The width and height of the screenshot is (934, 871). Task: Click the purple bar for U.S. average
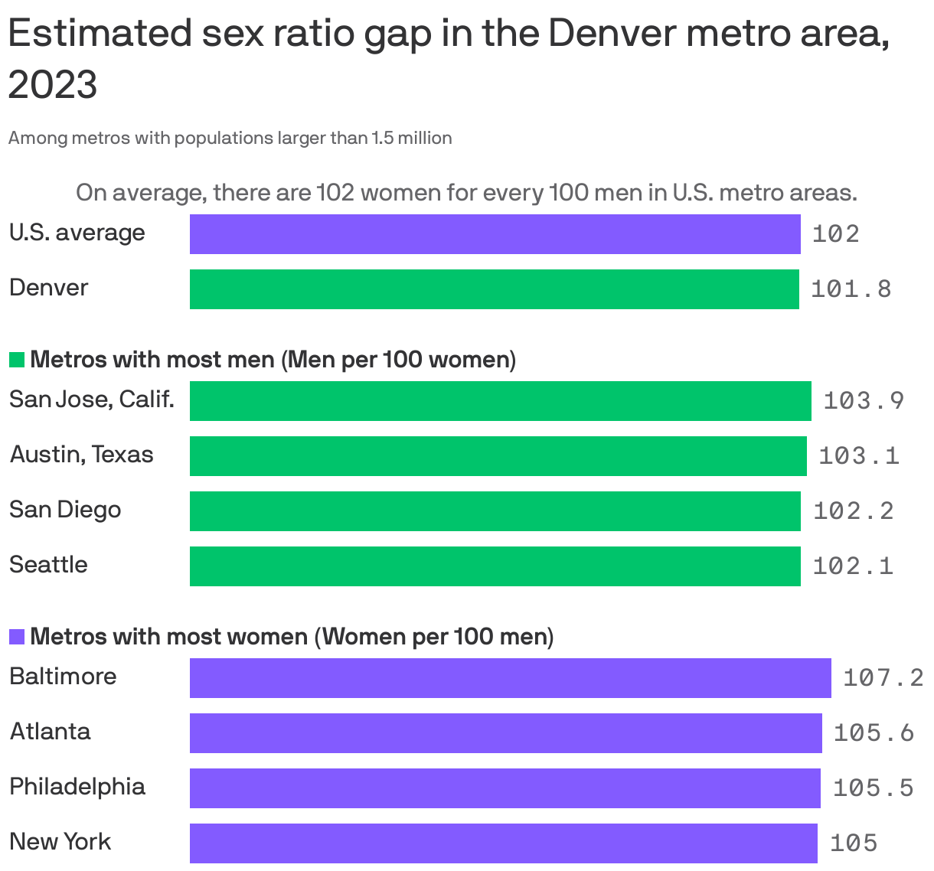point(495,233)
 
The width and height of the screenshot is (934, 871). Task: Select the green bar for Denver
point(494,289)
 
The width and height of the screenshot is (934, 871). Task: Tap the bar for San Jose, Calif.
point(500,400)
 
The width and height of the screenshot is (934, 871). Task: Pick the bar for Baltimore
point(510,677)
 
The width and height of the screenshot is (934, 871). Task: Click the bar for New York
point(503,843)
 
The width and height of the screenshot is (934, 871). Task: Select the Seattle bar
point(495,566)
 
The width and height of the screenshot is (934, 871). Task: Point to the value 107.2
point(883,677)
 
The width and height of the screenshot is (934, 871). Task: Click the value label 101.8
point(851,289)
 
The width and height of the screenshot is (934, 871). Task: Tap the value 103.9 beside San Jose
point(864,400)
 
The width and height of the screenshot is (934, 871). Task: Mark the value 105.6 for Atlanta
point(874,732)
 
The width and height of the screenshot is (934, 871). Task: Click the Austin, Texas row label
point(81,455)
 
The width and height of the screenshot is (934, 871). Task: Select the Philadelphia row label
point(77,787)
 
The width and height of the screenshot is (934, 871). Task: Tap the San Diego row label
point(65,510)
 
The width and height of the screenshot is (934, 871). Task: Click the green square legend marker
point(17,360)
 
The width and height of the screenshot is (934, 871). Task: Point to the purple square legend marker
point(17,637)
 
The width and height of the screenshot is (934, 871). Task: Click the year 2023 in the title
point(53,84)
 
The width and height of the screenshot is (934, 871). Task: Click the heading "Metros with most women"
point(168,637)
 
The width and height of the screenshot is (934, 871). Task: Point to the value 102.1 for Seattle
point(852,566)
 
